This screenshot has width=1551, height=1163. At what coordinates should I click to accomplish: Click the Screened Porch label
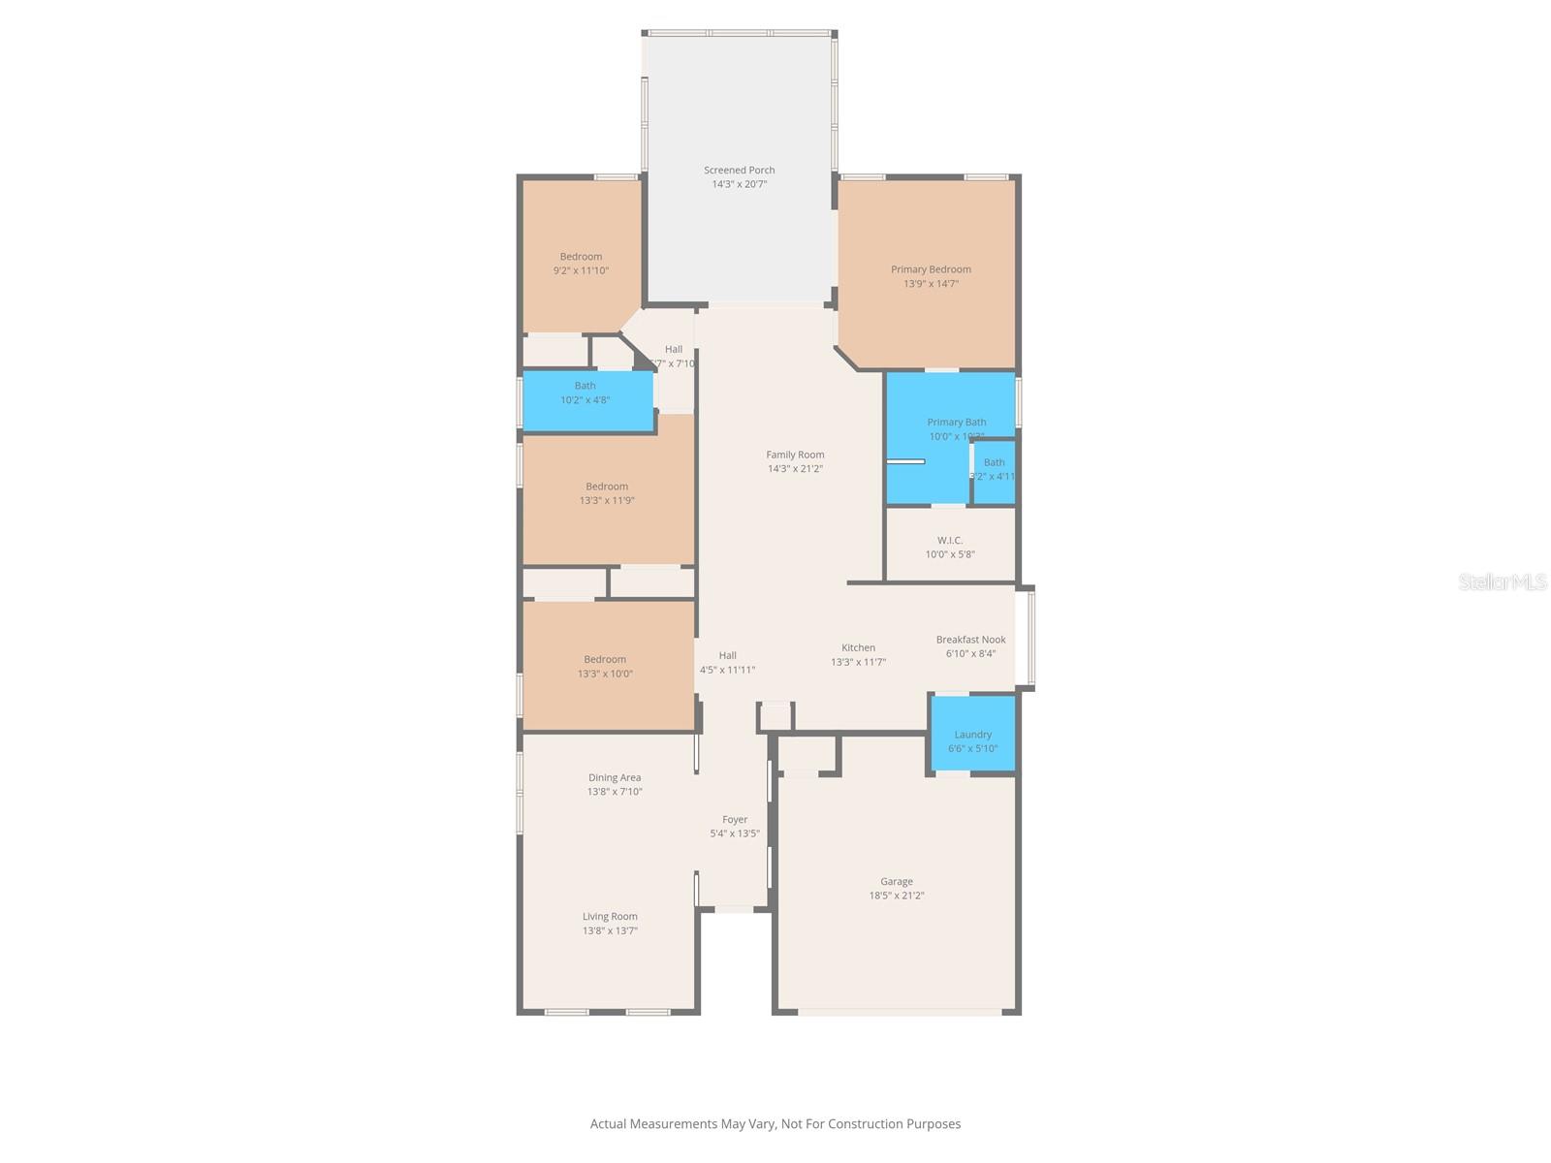tap(739, 171)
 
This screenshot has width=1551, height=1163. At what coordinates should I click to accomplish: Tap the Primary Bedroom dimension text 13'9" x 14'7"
tap(931, 284)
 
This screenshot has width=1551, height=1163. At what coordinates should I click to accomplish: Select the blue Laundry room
tap(973, 735)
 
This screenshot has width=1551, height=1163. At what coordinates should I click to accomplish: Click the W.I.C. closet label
tap(950, 541)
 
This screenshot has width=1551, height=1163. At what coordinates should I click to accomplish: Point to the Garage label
tap(896, 882)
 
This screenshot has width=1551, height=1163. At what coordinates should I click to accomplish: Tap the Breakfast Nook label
tap(970, 640)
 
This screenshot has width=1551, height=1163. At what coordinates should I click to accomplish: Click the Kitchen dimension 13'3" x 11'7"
tap(858, 663)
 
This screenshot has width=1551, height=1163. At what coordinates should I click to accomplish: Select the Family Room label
tap(795, 455)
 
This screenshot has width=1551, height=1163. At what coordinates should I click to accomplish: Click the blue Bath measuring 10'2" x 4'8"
tap(586, 399)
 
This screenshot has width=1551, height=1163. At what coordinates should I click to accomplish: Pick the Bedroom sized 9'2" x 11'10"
tap(581, 257)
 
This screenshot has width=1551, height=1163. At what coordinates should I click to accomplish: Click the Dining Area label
tap(615, 777)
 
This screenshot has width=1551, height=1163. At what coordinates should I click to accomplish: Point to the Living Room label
tap(610, 917)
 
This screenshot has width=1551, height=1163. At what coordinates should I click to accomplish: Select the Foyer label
tap(735, 820)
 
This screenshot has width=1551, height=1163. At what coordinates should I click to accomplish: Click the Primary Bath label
tap(956, 423)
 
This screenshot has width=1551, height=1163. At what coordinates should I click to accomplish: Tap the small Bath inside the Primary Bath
tap(995, 469)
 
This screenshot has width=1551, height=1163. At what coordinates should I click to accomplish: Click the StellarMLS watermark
tap(1503, 582)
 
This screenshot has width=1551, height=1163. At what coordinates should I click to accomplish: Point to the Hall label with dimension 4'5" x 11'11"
tap(728, 656)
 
